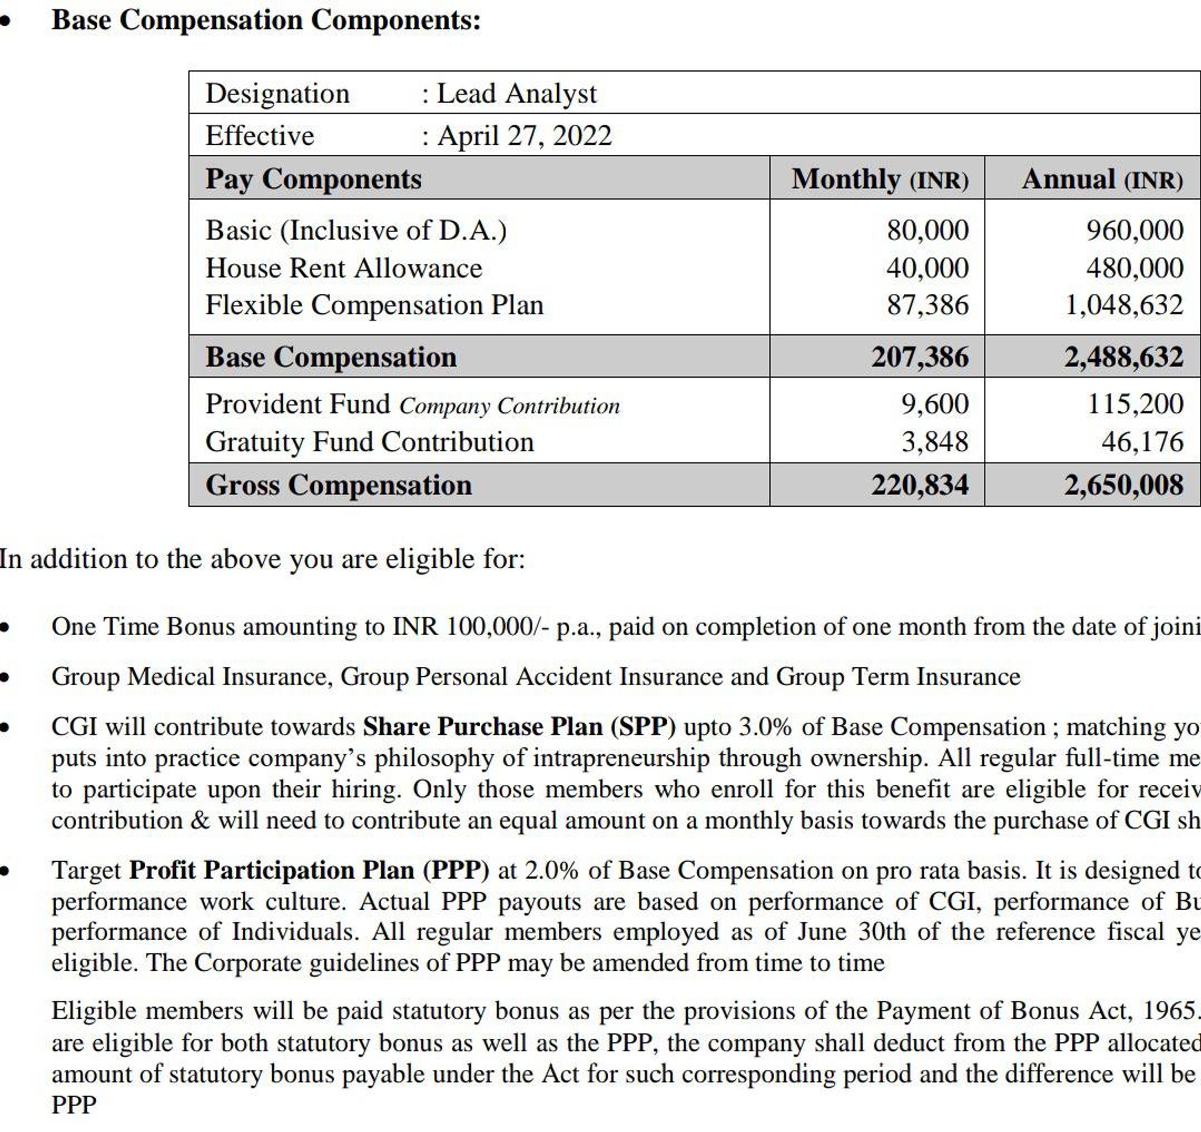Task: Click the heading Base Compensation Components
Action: (266, 21)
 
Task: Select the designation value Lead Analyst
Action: (517, 94)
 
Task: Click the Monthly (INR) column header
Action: (880, 179)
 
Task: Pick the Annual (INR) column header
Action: (1102, 179)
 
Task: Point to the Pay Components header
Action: (314, 179)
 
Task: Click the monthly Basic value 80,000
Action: (927, 231)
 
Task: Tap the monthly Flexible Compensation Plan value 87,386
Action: (927, 305)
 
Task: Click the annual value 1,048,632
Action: (1123, 305)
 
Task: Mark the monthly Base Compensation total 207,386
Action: (920, 357)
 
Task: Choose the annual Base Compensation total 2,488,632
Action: (1123, 357)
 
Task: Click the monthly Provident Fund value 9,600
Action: (935, 404)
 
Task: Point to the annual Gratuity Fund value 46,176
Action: (1142, 442)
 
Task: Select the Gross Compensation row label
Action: (338, 485)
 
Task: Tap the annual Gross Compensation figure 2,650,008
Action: (1123, 485)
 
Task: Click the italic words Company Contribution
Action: (509, 406)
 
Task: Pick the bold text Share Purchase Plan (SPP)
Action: (519, 727)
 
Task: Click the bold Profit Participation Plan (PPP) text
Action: (308, 870)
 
